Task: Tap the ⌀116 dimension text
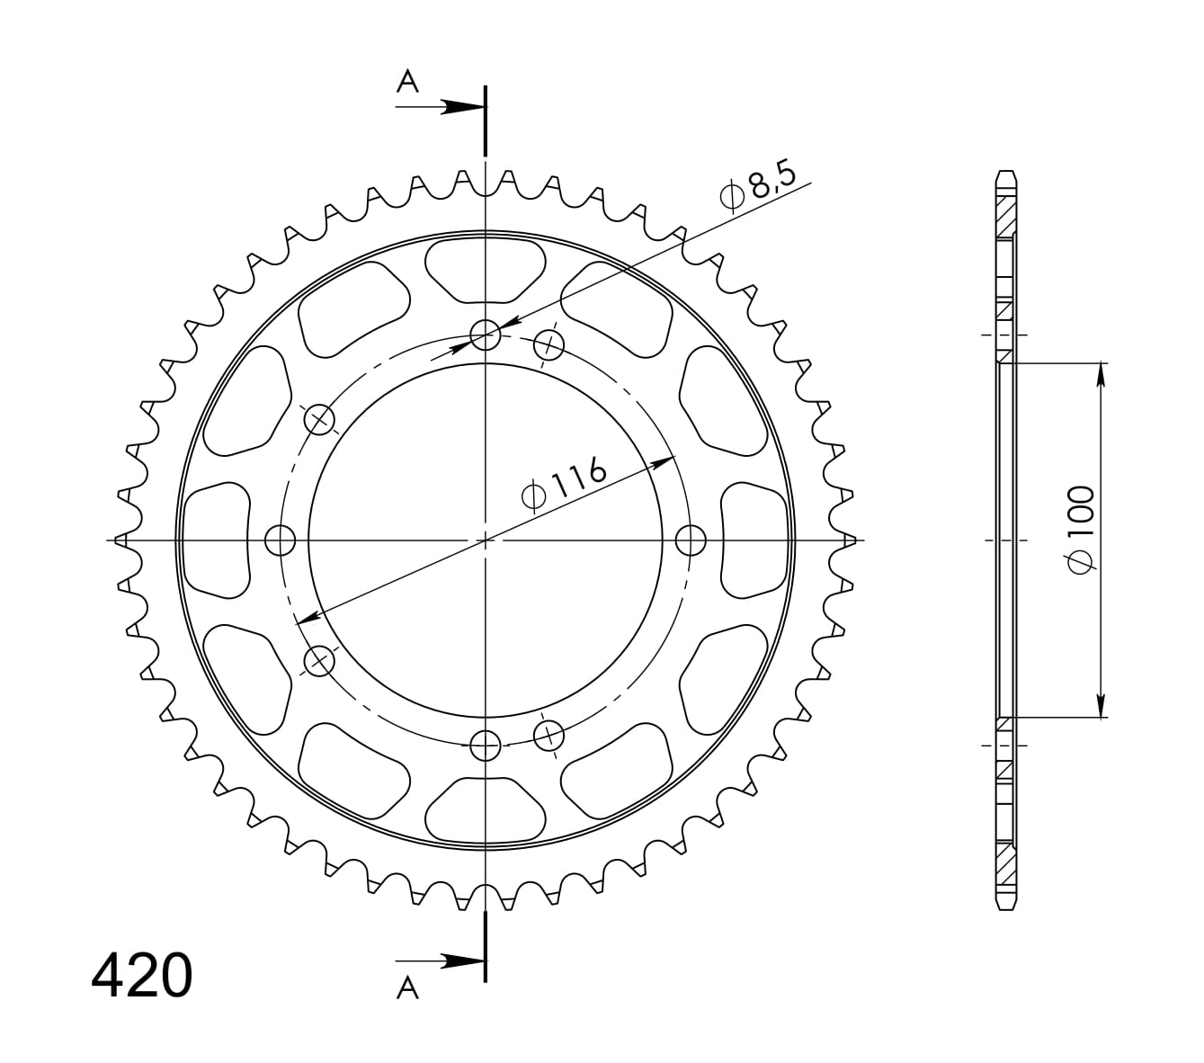564,483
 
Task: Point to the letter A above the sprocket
407,82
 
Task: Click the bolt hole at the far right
691,540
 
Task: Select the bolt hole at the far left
280,540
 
